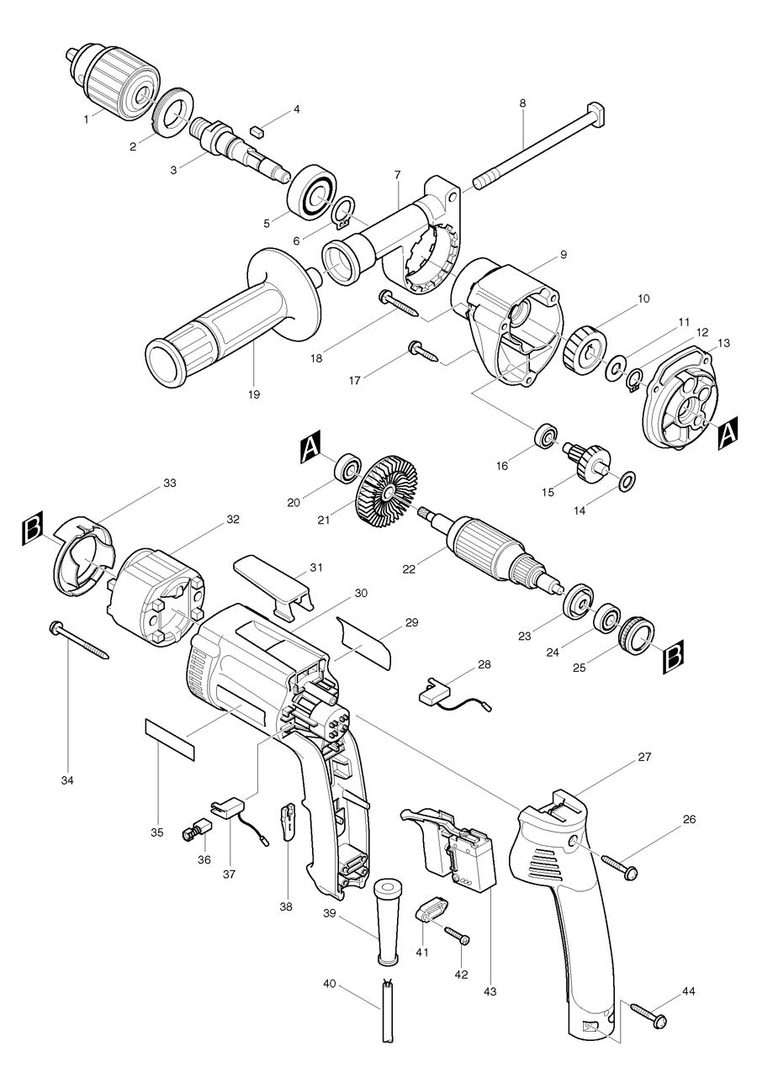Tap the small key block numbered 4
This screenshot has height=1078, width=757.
258,130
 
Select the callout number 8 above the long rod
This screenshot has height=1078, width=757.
522,103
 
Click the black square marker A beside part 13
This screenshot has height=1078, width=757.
728,432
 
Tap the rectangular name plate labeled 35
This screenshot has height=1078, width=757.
169,738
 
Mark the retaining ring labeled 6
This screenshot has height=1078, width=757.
341,213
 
